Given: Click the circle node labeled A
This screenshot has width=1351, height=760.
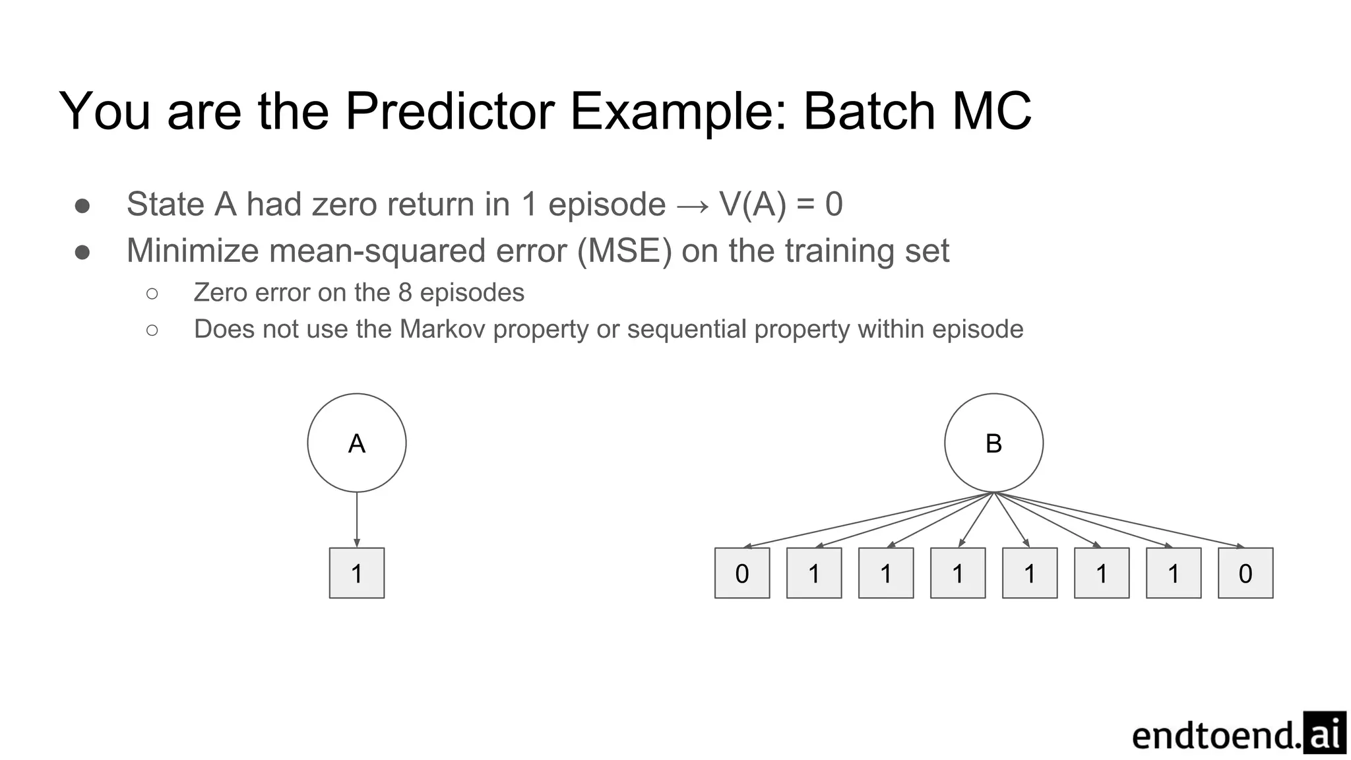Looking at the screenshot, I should click(x=356, y=443).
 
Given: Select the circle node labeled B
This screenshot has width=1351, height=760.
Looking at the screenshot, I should click(x=993, y=443).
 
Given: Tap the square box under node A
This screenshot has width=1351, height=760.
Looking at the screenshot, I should click(x=356, y=573).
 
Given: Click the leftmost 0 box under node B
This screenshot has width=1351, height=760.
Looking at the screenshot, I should click(x=741, y=573).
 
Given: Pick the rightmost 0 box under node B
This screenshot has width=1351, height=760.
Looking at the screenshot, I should click(x=1245, y=573).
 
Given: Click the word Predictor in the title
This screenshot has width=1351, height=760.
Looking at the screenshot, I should click(x=449, y=111).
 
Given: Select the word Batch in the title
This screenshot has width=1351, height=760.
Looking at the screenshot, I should click(x=869, y=111).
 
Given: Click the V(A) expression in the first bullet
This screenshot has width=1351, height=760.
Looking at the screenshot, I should click(x=753, y=204).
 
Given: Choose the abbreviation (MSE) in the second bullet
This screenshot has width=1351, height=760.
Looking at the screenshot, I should click(x=624, y=251).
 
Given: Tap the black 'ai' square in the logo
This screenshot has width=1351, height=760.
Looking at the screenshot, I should click(x=1324, y=732).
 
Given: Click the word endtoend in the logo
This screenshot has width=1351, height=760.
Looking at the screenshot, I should click(x=1215, y=736).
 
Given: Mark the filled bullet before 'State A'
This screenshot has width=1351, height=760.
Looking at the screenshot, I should click(x=82, y=205).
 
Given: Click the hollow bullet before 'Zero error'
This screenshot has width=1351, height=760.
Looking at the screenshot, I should click(x=152, y=293).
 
